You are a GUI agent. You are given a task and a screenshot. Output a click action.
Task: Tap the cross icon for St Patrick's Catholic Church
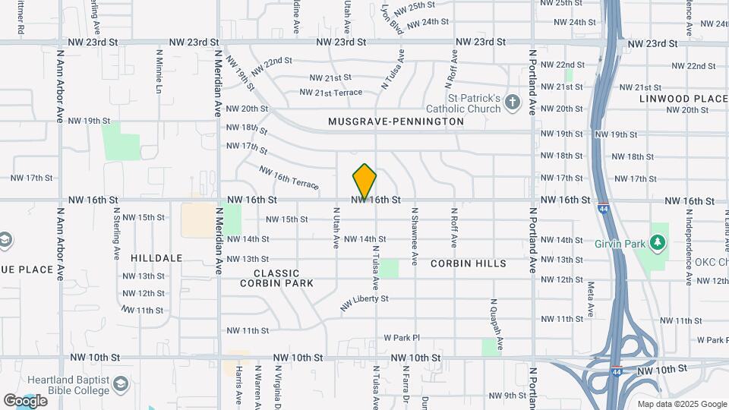point(513,102)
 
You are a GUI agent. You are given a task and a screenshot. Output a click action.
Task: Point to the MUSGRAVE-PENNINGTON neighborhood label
point(396,121)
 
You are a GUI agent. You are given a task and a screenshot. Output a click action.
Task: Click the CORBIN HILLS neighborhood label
point(468,263)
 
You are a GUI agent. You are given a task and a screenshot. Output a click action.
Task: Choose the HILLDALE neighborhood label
point(156,258)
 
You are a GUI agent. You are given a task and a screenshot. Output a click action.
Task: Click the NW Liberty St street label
point(364,303)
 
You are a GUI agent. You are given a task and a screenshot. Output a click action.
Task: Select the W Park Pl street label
point(402,337)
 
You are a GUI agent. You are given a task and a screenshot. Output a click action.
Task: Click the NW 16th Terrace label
point(289,178)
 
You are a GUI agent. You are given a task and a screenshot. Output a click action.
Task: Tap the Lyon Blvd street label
point(392,20)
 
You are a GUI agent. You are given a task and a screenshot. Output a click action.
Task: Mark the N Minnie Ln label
point(159,72)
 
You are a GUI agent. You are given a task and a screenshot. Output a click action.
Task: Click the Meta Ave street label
point(591,298)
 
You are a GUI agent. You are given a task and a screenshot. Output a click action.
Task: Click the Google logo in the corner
point(25,400)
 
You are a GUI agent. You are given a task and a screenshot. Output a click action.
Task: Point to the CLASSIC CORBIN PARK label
point(276,278)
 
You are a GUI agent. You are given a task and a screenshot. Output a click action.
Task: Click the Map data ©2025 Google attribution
point(681,404)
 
